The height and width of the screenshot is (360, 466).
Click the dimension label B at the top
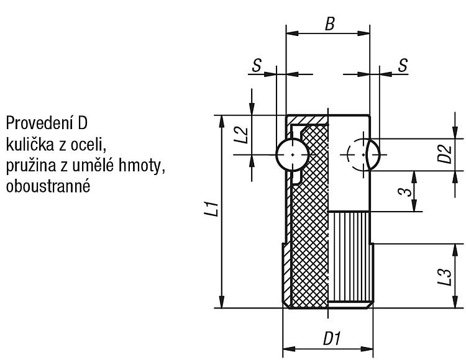pos(330,24)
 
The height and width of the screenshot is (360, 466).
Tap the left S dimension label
pos(257,65)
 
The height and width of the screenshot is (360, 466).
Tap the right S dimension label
pos(403,65)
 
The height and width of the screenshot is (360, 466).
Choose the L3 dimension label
pos(445,277)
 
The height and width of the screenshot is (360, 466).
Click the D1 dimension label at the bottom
pos(331,339)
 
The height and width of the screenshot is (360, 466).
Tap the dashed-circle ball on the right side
pos(363,155)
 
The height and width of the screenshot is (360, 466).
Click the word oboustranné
pos(48,187)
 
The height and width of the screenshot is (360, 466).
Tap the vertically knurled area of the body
pos(349,257)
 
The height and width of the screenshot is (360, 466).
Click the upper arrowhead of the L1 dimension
pos(221,121)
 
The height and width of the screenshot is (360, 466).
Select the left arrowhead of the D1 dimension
pos(288,349)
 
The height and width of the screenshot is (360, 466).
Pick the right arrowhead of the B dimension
pos(364,33)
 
